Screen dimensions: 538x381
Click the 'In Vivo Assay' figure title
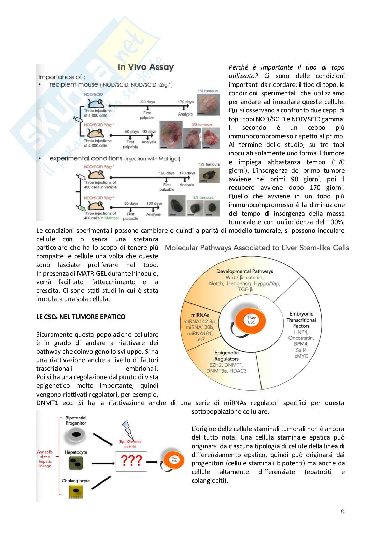click(146, 67)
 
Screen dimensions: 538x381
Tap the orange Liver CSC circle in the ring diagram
click(251, 320)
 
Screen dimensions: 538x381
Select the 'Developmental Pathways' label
click(244, 271)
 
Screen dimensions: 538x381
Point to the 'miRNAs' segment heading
click(200, 315)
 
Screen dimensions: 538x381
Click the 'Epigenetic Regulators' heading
click(226, 356)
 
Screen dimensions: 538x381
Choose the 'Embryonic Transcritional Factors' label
click(301, 320)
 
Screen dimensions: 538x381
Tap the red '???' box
click(131, 461)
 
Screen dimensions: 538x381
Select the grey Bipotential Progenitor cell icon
click(76, 434)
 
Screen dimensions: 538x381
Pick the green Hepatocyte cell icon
click(76, 463)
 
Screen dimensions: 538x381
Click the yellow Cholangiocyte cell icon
click(75, 491)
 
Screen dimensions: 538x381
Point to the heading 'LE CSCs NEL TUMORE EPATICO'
click(81, 317)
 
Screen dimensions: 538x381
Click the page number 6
click(342, 511)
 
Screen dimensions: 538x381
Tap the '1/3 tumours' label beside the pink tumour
click(208, 91)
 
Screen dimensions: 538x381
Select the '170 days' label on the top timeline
click(185, 102)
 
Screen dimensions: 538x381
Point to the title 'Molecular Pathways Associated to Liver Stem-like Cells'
click(257, 248)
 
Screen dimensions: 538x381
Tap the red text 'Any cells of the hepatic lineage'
click(45, 459)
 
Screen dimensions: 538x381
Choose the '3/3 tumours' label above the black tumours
click(203, 197)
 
